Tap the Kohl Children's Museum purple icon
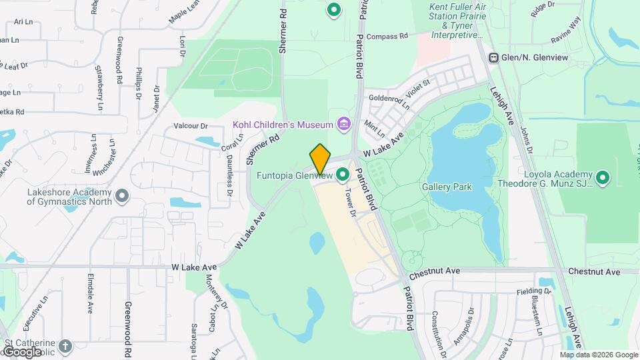[x=343, y=124]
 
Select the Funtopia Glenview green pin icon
[x=343, y=175]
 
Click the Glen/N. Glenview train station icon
[x=495, y=58]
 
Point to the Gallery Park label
[x=447, y=187]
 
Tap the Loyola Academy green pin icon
[x=603, y=177]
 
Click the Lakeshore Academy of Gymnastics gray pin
[x=121, y=196]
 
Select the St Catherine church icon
[x=65, y=345]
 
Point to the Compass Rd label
[x=387, y=37]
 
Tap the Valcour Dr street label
[x=191, y=126]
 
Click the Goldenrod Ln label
[x=389, y=101]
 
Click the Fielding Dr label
[x=534, y=291]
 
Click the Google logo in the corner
[x=21, y=351]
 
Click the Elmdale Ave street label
[x=91, y=293]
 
